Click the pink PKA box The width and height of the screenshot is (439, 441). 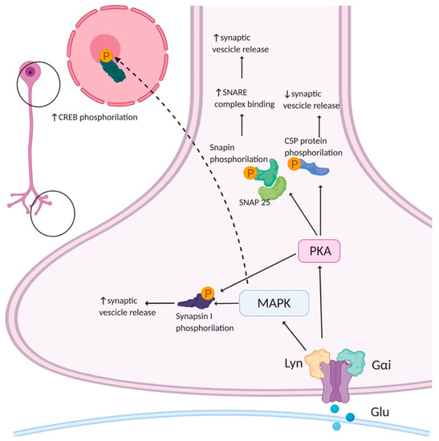click(319, 254)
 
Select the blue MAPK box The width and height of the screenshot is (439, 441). click(275, 302)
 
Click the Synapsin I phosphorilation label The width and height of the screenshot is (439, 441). click(207, 322)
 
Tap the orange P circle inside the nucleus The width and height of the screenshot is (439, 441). click(106, 56)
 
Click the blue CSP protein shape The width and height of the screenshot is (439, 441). click(319, 168)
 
